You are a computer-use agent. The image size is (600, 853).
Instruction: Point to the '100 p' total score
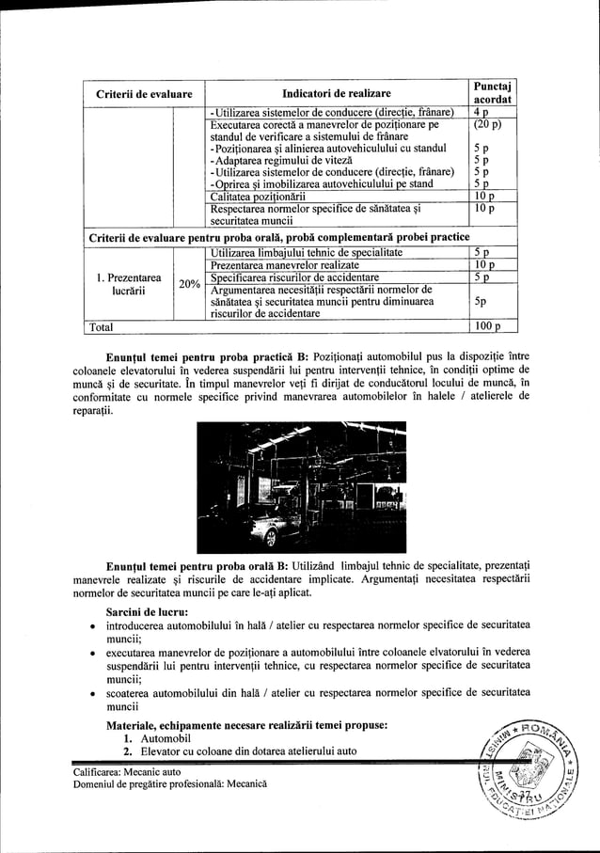pyautogui.click(x=486, y=327)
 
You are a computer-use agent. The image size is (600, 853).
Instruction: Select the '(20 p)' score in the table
pyautogui.click(x=487, y=123)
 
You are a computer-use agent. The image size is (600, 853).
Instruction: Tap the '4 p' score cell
pyautogui.click(x=482, y=111)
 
